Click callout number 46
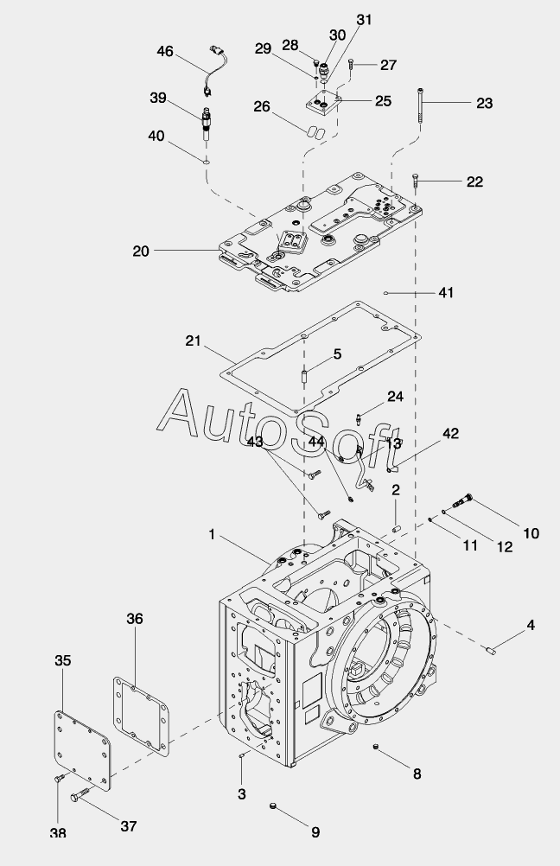click(x=165, y=51)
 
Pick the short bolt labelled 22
click(x=416, y=180)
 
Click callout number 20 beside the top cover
click(x=141, y=251)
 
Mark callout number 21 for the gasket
click(x=194, y=341)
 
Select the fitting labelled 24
click(x=360, y=419)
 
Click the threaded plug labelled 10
click(x=461, y=500)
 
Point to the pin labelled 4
click(x=491, y=650)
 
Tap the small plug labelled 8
click(x=376, y=748)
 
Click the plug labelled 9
click(x=272, y=807)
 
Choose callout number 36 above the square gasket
click(x=135, y=619)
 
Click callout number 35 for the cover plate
click(x=63, y=660)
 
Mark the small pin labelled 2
click(x=396, y=529)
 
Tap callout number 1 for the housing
click(x=212, y=534)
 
